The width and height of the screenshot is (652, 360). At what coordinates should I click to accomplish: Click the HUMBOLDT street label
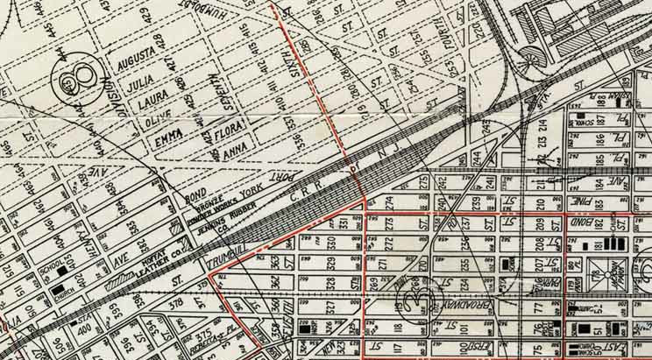[x=220, y=18]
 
